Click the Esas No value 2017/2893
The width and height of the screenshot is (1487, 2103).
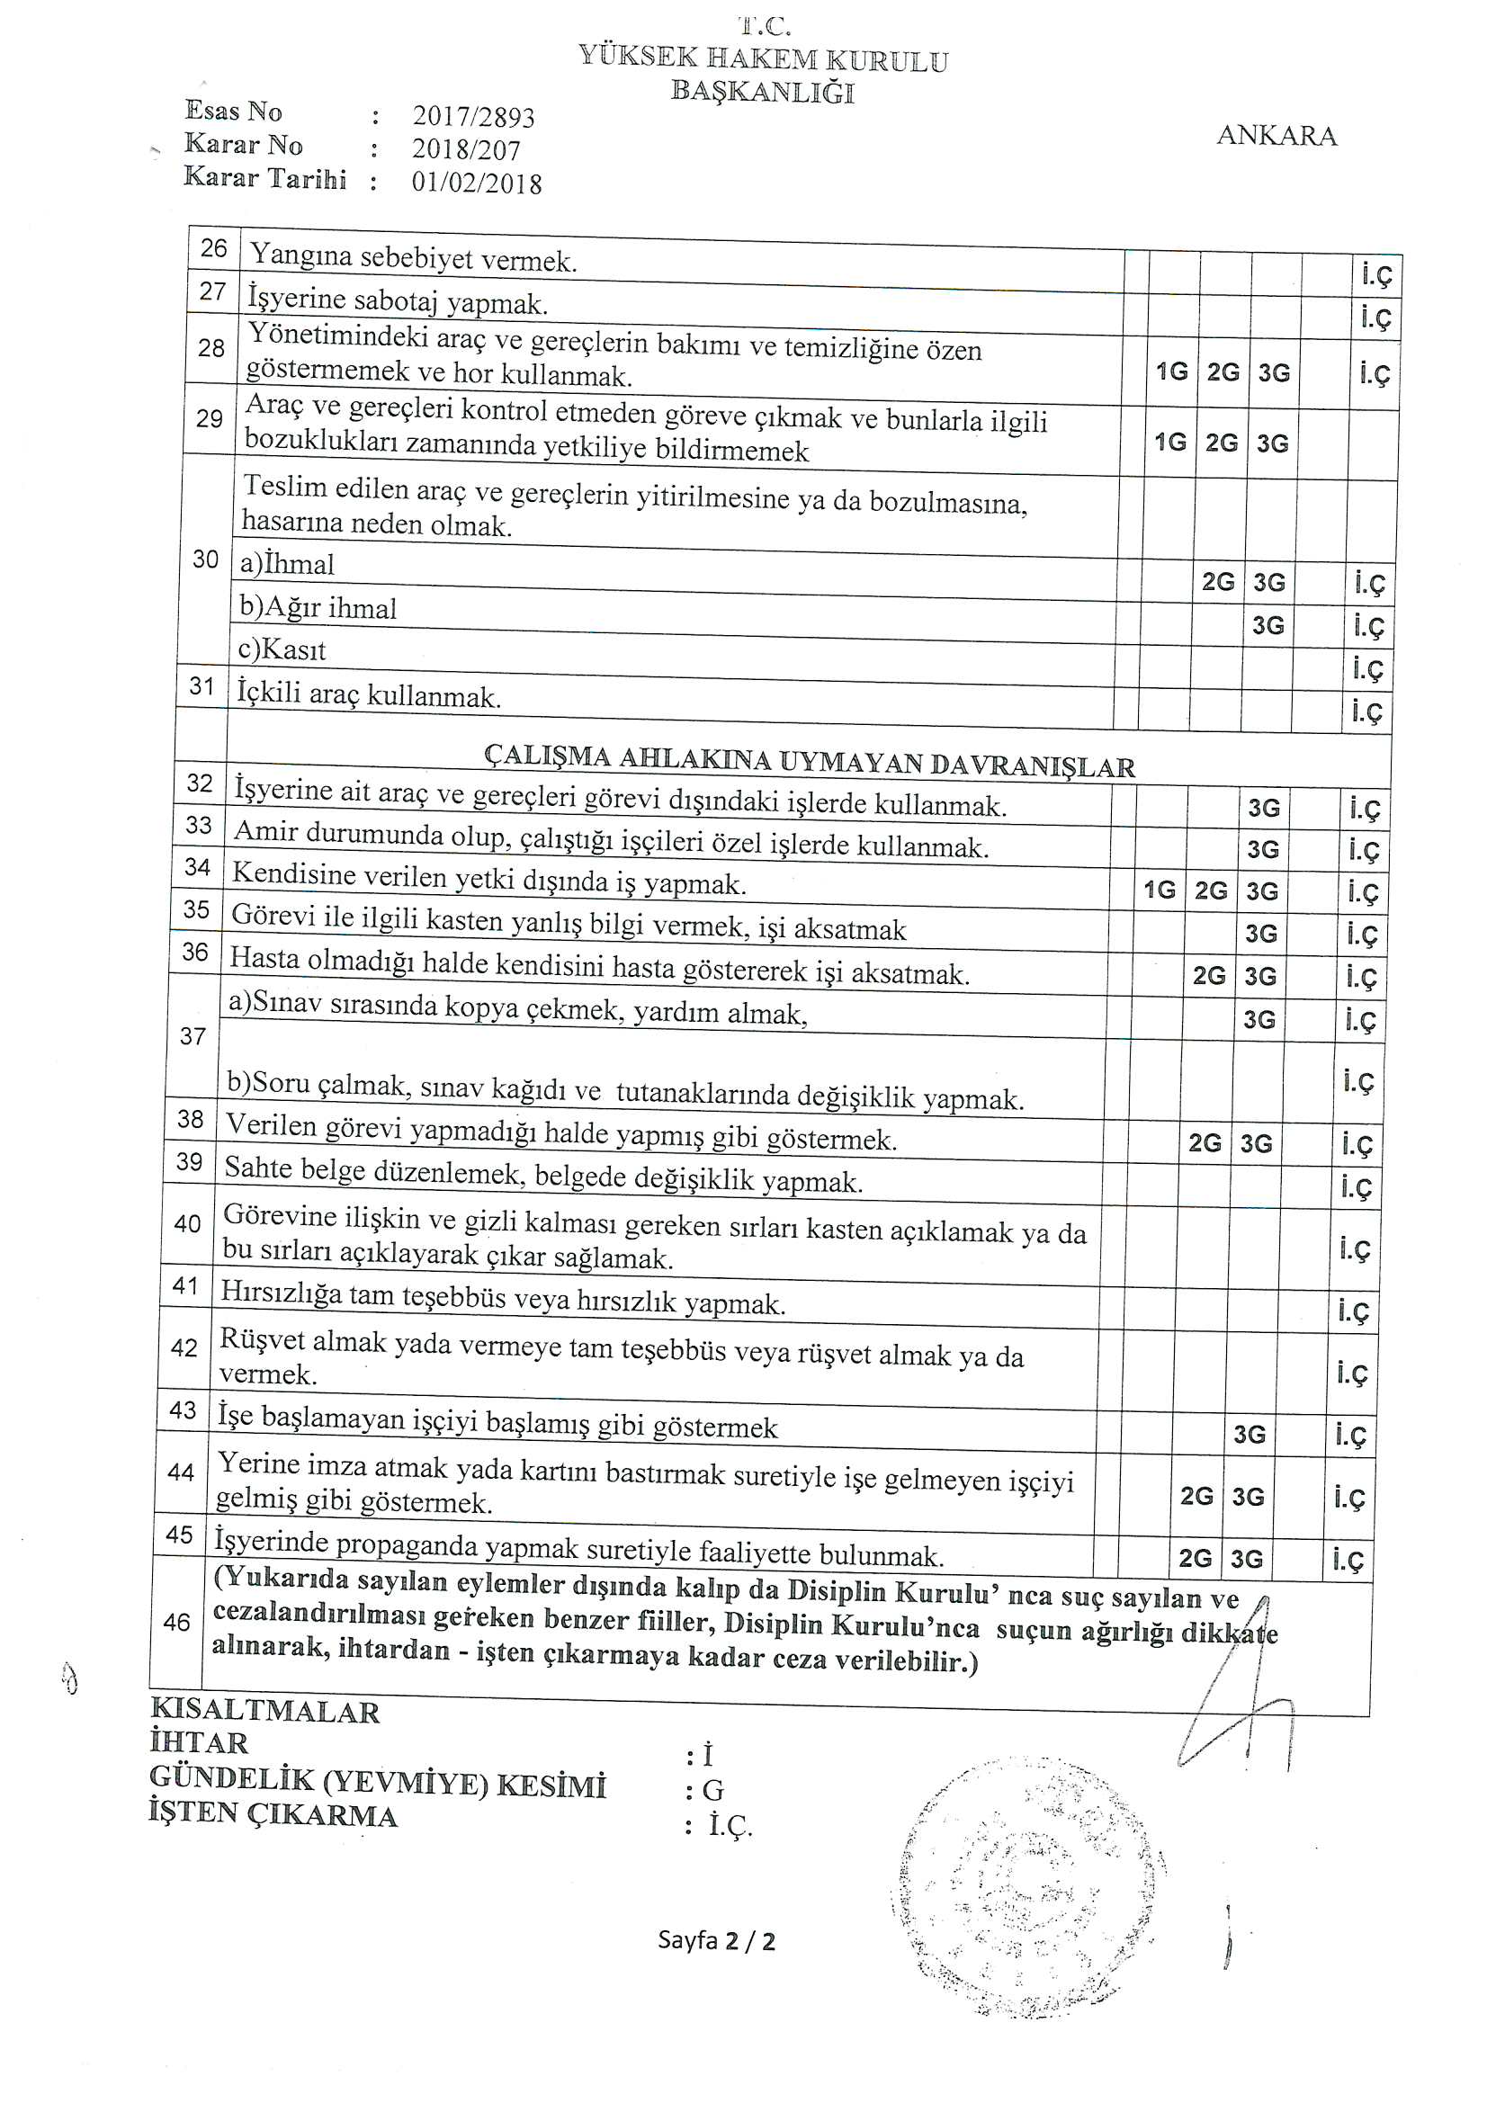tap(473, 116)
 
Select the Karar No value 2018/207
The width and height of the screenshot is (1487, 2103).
tap(465, 149)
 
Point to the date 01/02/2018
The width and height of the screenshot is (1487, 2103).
tap(477, 183)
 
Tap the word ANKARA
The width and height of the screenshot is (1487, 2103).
tap(1276, 136)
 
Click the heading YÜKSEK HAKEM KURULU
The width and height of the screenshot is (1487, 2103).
tap(762, 59)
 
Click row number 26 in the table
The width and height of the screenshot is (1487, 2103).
tap(213, 248)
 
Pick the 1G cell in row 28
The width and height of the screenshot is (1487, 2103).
tap(1171, 371)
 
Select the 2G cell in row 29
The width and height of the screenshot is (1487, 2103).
tap(1222, 443)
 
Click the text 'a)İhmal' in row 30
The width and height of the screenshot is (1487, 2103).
tap(287, 564)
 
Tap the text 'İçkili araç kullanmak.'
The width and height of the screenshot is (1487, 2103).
tap(368, 694)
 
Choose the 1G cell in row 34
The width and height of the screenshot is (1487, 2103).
tap(1159, 890)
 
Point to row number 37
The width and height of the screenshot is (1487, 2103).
tap(193, 1036)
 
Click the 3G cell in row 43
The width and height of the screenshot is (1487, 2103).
tap(1249, 1434)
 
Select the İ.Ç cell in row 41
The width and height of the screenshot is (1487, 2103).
tap(1351, 1311)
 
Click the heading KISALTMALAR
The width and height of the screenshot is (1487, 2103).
tap(264, 1710)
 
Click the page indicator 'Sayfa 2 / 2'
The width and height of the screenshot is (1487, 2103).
tap(715, 1940)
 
